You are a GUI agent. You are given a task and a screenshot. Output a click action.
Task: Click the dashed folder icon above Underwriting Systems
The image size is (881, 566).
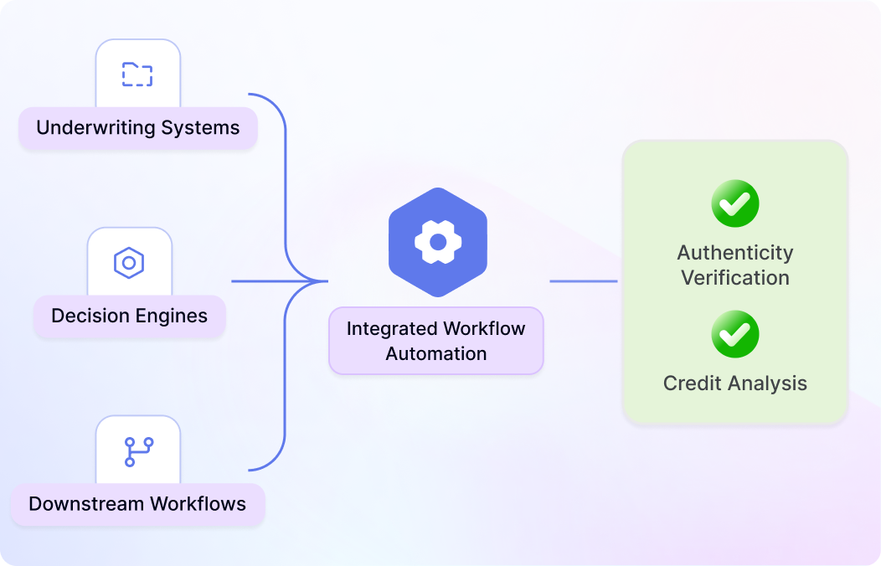[137, 75]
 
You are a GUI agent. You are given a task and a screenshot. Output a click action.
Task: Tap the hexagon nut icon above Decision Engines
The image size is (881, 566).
[129, 262]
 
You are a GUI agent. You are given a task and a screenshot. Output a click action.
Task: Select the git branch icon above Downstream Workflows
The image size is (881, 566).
[138, 452]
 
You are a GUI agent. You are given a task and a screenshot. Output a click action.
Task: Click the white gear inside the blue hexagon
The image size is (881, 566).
[438, 242]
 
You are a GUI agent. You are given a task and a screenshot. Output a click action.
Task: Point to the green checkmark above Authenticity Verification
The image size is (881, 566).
[735, 203]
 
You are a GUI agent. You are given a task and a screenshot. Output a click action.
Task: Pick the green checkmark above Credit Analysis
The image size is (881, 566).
[735, 334]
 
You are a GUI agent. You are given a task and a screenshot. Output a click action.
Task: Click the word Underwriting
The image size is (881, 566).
[95, 128]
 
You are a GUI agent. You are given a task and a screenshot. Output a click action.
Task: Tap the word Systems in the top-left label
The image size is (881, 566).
[201, 128]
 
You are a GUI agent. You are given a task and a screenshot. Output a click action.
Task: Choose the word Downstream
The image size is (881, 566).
[86, 504]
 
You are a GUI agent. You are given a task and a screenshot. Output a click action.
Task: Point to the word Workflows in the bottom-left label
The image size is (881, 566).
[198, 504]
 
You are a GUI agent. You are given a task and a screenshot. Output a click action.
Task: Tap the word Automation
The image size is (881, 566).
[436, 353]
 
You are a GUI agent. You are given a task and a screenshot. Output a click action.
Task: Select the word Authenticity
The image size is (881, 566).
[735, 254]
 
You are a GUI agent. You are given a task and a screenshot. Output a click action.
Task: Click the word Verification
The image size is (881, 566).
[735, 278]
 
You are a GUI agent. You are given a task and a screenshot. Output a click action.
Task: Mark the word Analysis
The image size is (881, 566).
[767, 384]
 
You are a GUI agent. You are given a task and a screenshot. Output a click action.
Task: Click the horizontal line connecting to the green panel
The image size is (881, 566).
[583, 281]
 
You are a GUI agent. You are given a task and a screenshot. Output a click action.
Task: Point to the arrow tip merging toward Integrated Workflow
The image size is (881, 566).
[327, 281]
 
